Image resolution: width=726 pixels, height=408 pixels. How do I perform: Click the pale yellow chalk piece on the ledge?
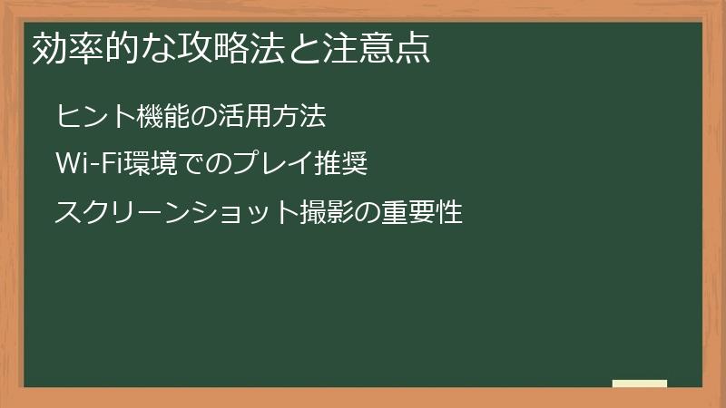[x=640, y=384]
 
